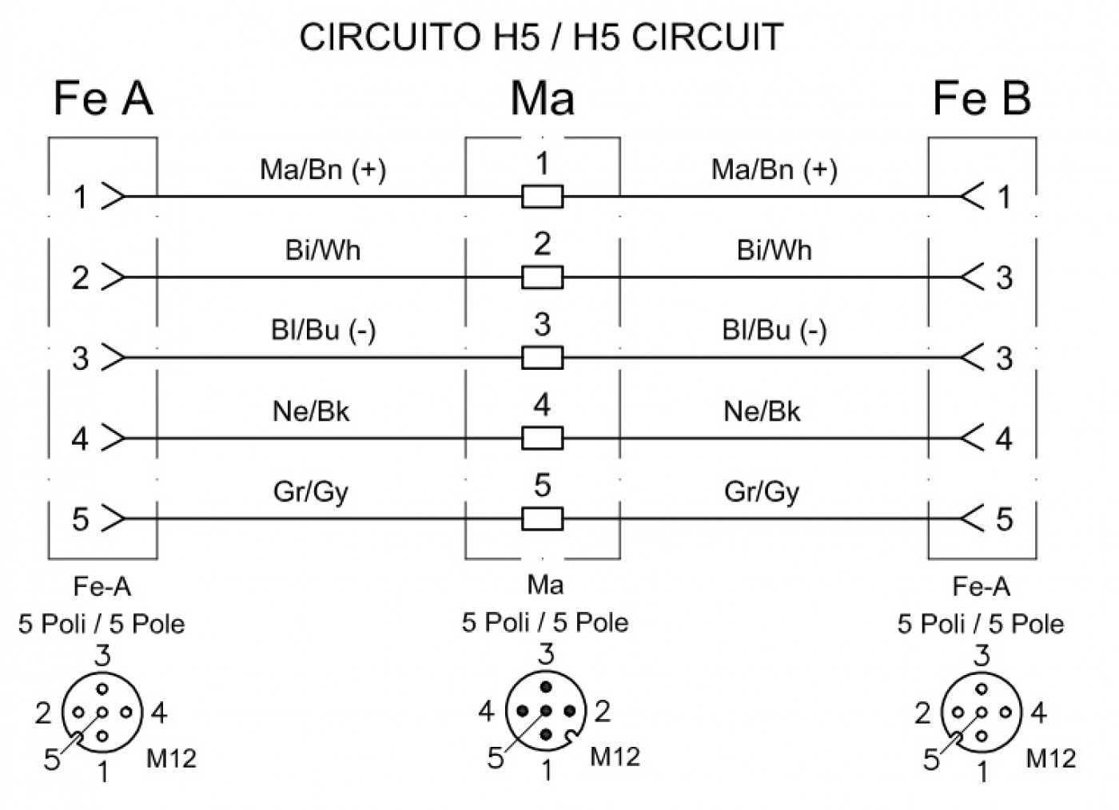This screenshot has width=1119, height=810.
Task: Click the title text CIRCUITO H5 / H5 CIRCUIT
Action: (541, 37)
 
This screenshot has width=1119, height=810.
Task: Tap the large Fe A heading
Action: (103, 98)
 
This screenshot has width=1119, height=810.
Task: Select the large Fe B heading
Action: (982, 98)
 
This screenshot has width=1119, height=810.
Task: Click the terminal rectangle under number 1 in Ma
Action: (543, 197)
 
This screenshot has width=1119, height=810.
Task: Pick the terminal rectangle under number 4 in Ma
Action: (543, 438)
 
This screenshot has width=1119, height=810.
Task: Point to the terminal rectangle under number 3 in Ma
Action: (543, 358)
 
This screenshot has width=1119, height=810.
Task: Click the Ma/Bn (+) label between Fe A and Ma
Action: (323, 170)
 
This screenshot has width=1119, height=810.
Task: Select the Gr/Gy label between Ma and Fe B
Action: (762, 492)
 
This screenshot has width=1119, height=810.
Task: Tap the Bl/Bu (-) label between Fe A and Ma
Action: (323, 331)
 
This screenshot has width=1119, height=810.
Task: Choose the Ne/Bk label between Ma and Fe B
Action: (762, 411)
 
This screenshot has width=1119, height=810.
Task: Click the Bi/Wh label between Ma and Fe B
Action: (774, 250)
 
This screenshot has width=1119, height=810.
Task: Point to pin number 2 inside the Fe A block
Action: (81, 278)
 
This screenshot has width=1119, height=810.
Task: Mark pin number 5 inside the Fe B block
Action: (1004, 519)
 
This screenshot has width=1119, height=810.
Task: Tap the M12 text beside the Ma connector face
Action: (615, 756)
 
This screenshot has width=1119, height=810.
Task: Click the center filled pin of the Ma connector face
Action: (545, 710)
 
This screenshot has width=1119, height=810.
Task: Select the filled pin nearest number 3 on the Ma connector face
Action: (545, 687)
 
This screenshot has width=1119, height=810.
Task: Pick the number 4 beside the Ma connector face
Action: (486, 711)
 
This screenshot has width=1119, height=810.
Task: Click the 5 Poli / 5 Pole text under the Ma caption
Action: (545, 623)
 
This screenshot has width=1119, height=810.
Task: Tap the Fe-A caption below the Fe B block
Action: (982, 587)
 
